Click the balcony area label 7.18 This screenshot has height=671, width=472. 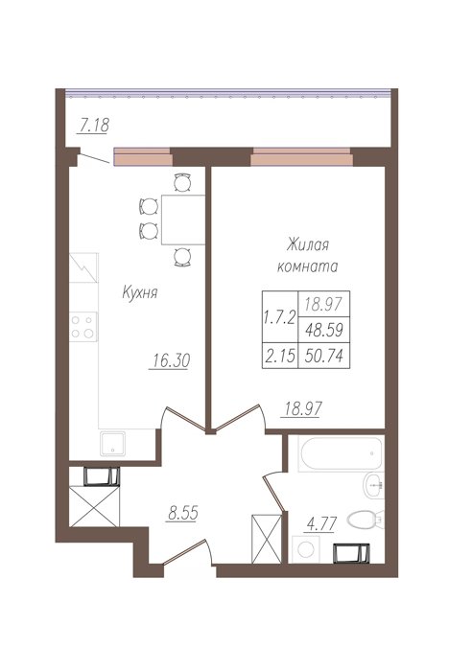click(94, 126)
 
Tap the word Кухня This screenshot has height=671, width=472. click(140, 292)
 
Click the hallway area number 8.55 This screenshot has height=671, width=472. click(183, 513)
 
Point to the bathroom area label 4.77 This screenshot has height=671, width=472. click(320, 523)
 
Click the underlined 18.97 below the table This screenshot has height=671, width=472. click(303, 409)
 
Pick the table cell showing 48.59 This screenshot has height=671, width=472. click(324, 330)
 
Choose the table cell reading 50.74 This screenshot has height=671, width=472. click(324, 356)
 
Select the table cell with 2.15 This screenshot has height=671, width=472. click(280, 356)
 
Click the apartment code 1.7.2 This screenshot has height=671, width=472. click(280, 317)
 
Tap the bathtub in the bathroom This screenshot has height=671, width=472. click(341, 453)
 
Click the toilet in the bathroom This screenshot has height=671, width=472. click(365, 520)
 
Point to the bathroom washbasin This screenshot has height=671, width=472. click(374, 485)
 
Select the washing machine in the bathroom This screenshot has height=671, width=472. click(306, 549)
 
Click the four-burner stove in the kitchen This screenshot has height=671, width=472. click(83, 327)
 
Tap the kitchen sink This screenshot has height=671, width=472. click(113, 444)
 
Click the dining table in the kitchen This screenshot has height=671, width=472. click(183, 220)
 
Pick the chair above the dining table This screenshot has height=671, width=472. click(183, 183)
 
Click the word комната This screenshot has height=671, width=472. click(308, 266)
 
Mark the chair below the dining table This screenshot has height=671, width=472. click(183, 257)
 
